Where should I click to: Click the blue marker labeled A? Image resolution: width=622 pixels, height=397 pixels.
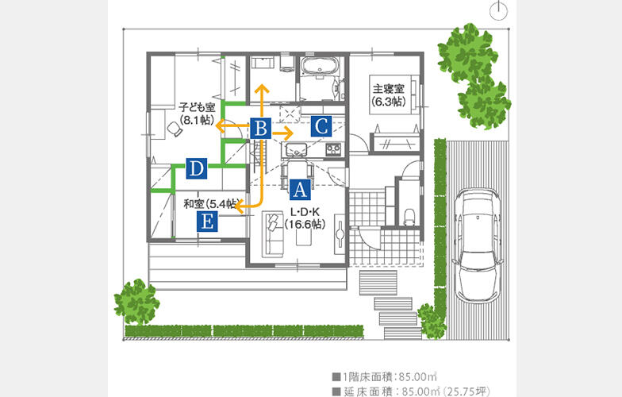pos(300,189)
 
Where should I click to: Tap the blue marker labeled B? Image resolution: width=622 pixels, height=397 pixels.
pos(260,129)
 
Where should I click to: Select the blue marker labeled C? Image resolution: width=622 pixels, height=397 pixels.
pos(321,126)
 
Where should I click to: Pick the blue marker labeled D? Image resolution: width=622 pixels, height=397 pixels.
pos(197,168)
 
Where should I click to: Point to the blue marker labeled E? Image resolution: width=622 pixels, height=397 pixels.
pos(207,221)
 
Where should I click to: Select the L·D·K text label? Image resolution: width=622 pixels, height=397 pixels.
pos(305,213)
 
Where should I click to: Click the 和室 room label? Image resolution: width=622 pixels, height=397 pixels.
pos(194,204)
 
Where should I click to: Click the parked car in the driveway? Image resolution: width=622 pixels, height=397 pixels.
pos(478,245)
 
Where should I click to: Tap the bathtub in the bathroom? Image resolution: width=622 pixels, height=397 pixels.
pos(320,65)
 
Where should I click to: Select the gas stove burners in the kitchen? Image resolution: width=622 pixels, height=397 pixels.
pos(333,149)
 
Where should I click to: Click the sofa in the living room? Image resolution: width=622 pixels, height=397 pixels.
pos(273,234)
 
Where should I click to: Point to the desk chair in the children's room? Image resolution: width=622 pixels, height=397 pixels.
pos(175,129)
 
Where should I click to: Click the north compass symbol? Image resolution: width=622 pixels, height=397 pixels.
pos(498,11)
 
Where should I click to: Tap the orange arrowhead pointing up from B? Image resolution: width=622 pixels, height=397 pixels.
pos(261,89)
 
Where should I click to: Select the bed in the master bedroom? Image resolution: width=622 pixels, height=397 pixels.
pos(394,94)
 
